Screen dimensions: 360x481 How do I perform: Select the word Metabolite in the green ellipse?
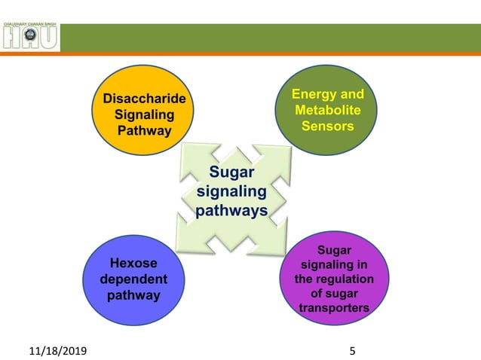327,110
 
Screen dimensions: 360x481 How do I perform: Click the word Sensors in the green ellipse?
327,126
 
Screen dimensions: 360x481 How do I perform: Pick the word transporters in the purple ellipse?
334,308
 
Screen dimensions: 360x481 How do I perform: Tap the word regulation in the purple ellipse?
344,279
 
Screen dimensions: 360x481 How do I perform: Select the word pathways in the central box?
231,210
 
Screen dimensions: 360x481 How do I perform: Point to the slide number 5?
352,351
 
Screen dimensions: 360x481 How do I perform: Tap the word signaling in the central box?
231,192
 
